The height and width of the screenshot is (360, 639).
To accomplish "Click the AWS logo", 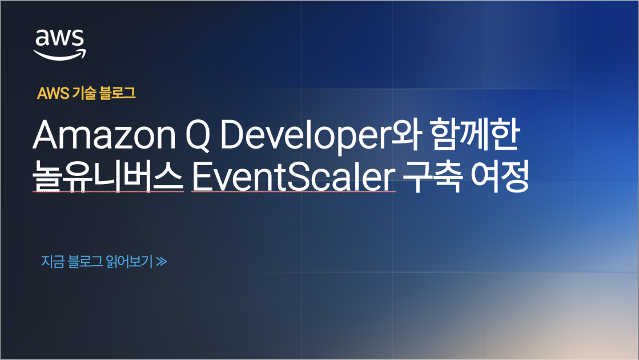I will point(59,43).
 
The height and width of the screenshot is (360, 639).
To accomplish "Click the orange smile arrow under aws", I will point(59,53).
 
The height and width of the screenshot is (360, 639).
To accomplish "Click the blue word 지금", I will point(52,262).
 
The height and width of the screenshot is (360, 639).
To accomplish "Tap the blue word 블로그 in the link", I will point(85,262).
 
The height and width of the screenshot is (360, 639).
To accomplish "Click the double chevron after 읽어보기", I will point(161,262).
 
